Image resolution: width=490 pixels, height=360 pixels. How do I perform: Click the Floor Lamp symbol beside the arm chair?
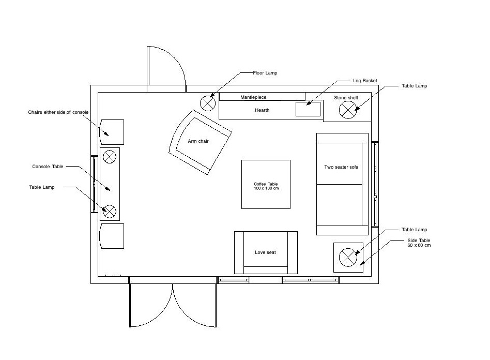pyautogui.click(x=208, y=103)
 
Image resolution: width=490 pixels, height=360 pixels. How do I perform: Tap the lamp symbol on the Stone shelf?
pyautogui.click(x=347, y=109)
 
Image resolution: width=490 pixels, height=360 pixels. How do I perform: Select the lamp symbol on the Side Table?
pyautogui.click(x=347, y=257)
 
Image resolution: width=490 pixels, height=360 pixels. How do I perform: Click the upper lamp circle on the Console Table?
pyautogui.click(x=110, y=156)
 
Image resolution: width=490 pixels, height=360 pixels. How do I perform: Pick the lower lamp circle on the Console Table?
pyautogui.click(x=110, y=211)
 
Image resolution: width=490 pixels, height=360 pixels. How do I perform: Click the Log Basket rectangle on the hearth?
pyautogui.click(x=309, y=109)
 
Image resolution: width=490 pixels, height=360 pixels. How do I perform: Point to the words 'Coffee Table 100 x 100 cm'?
pyautogui.click(x=266, y=186)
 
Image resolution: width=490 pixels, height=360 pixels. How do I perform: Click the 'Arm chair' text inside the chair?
pyautogui.click(x=198, y=141)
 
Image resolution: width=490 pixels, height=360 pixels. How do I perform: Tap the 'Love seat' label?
pyautogui.click(x=266, y=252)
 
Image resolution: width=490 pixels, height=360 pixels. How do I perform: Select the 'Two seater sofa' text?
pyautogui.click(x=341, y=167)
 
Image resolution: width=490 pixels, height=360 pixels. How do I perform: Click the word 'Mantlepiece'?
pyautogui.click(x=253, y=97)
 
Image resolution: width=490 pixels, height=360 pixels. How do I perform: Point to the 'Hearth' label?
pyautogui.click(x=262, y=110)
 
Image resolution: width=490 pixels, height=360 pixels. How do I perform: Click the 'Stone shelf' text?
pyautogui.click(x=346, y=97)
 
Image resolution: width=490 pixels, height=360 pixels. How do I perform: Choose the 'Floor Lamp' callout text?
pyautogui.click(x=265, y=73)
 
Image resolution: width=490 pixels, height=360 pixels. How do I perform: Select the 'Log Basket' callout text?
pyautogui.click(x=365, y=81)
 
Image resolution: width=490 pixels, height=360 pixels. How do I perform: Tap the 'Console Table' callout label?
pyautogui.click(x=48, y=167)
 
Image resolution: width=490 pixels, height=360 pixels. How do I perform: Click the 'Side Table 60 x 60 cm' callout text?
pyautogui.click(x=419, y=243)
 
